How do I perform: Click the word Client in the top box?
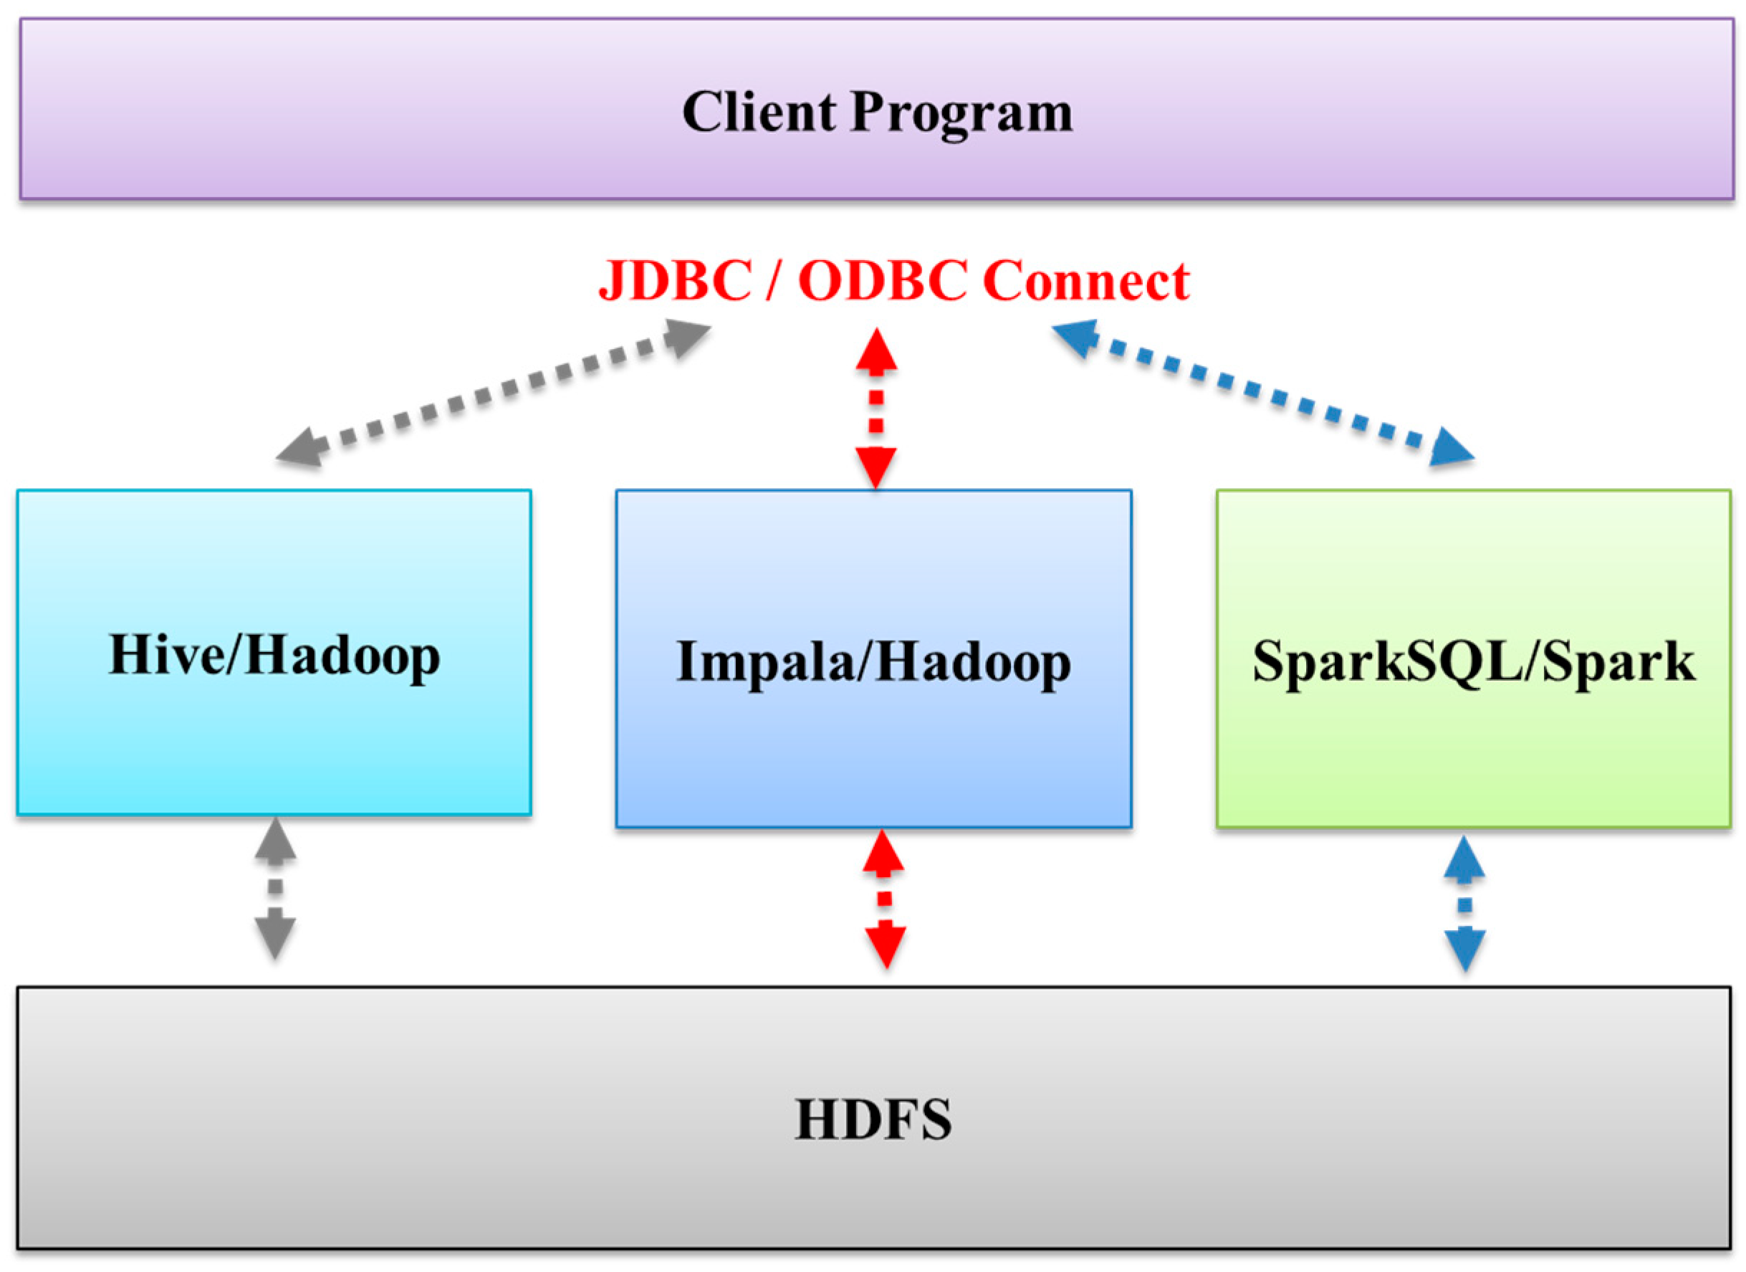pos(757,113)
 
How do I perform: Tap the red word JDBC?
pos(674,280)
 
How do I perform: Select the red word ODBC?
pos(882,280)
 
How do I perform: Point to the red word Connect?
pos(1085,280)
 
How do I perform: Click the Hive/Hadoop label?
pos(274,656)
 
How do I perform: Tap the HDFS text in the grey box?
pos(873,1119)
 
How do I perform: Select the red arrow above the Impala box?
pos(876,408)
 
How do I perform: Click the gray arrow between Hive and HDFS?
pos(275,887)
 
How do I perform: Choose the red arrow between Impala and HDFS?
pos(884,898)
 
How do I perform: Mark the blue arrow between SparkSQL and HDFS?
pos(1464,904)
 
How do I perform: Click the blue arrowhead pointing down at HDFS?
pos(1464,949)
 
